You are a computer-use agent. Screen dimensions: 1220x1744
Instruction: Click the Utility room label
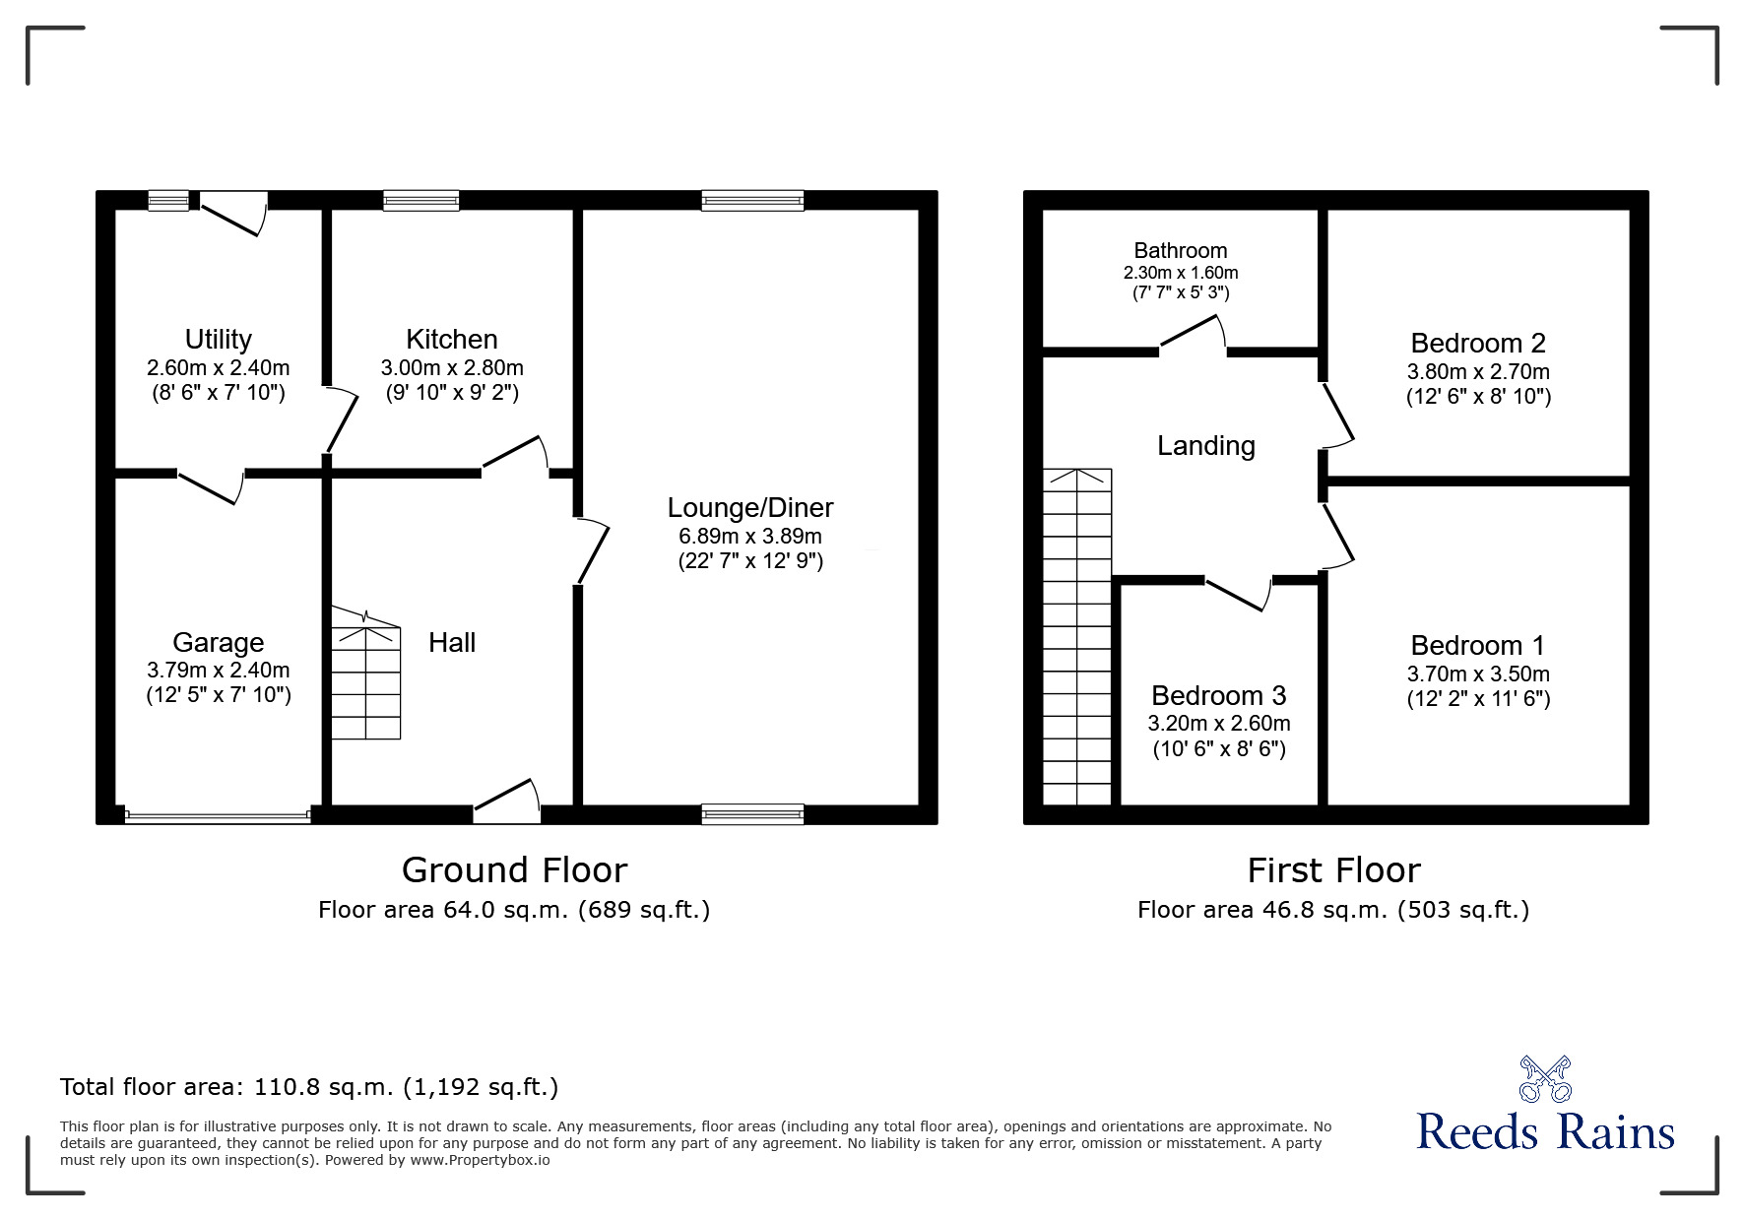[x=218, y=340]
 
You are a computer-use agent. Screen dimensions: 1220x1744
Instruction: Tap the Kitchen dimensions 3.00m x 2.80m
[x=452, y=368]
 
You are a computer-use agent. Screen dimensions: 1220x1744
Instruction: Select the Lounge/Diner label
[x=750, y=508]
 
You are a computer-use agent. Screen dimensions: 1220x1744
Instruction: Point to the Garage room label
[x=218, y=643]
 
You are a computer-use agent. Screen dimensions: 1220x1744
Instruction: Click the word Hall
[x=452, y=643]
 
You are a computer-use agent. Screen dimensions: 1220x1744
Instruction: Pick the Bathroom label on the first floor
[x=1180, y=251]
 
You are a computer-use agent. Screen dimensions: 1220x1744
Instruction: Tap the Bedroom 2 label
[x=1477, y=344]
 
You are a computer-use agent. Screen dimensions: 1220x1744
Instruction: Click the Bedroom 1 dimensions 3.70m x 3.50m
[x=1477, y=674]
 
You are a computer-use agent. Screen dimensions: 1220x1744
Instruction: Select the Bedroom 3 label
[x=1218, y=696]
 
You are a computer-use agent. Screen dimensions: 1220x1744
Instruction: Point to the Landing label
[x=1205, y=446]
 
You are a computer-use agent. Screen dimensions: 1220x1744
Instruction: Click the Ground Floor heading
[x=514, y=870]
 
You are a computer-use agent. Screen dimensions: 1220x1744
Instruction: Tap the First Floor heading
[x=1333, y=870]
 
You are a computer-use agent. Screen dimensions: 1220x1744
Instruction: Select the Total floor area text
[x=309, y=1087]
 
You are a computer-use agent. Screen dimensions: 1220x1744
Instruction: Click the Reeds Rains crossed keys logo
[x=1545, y=1079]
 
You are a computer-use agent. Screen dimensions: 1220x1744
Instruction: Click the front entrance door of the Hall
[x=507, y=803]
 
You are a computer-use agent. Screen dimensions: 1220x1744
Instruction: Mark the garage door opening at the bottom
[x=218, y=815]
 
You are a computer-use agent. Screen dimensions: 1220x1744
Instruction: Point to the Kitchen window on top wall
[x=420, y=201]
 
